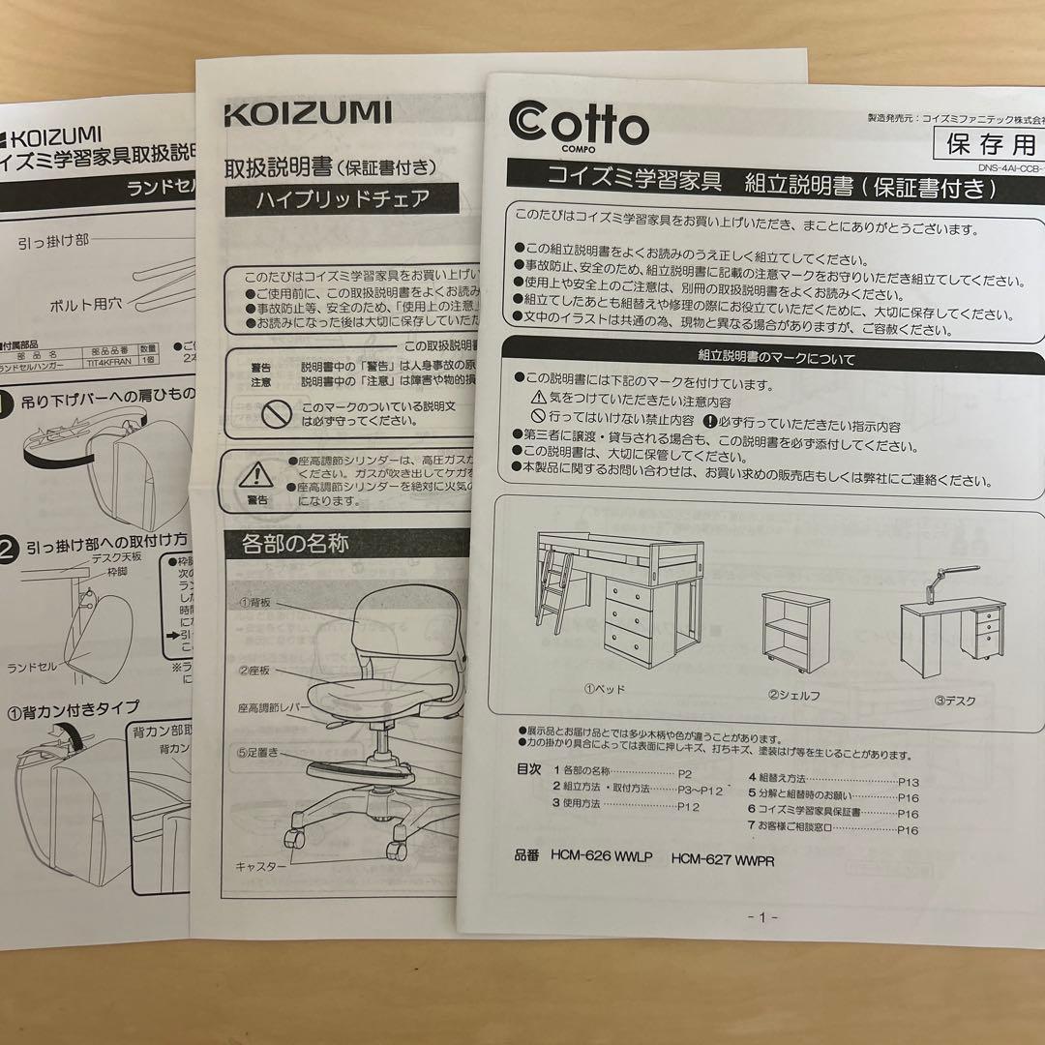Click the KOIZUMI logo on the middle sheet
click(308, 113)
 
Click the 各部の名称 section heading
click(287, 544)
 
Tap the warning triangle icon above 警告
click(256, 474)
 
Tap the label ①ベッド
click(604, 690)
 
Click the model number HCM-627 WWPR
click(723, 859)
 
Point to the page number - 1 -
click(762, 916)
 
